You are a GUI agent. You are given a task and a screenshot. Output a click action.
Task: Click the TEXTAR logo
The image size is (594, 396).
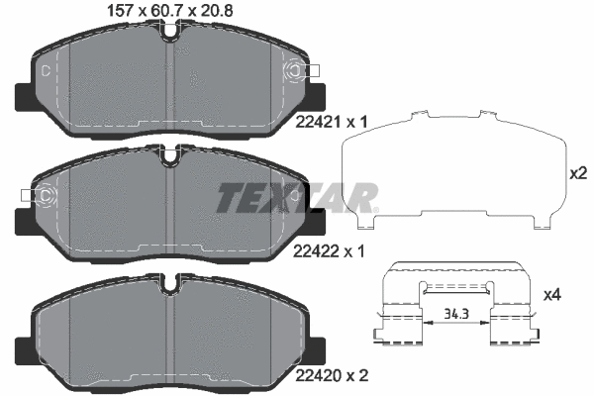pyautogui.click(x=297, y=197)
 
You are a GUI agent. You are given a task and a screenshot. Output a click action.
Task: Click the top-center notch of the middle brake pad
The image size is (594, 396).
pyautogui.click(x=173, y=154)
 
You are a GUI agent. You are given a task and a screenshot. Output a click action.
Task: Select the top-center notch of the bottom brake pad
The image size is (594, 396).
pyautogui.click(x=173, y=285)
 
